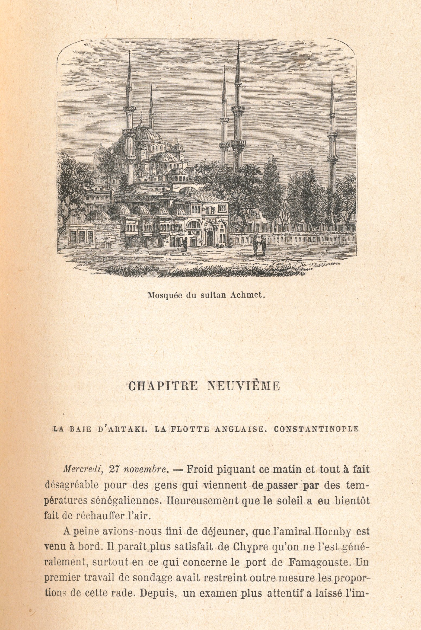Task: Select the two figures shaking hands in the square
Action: [259, 245]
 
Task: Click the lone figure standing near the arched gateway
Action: [185, 244]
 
